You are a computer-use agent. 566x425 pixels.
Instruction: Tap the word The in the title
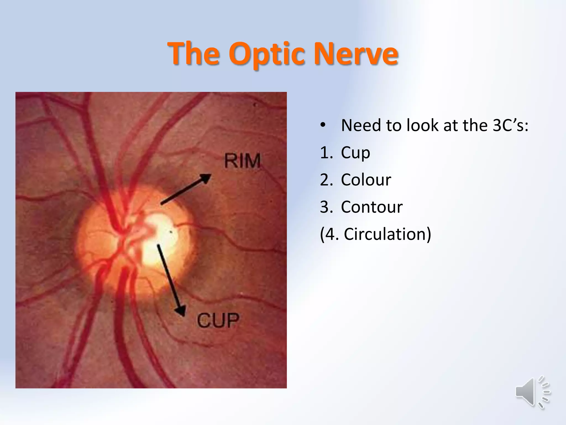click(195, 54)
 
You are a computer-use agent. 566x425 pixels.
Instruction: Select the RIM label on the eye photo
click(242, 161)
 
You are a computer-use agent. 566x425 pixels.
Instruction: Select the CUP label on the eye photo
click(218, 320)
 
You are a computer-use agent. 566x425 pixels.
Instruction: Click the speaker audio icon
click(532, 392)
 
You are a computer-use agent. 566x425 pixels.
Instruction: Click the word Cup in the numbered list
click(355, 153)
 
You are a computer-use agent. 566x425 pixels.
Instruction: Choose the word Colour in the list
click(366, 180)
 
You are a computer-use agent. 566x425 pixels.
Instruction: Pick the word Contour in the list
click(372, 207)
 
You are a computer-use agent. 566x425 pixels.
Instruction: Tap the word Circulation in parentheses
click(386, 234)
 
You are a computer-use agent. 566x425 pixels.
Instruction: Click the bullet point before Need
click(323, 126)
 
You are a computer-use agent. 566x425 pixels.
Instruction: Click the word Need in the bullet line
click(361, 125)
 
